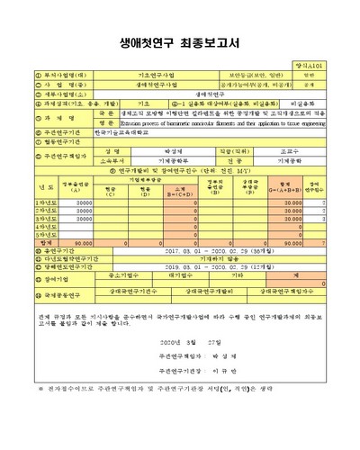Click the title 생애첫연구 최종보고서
pyautogui.click(x=180, y=40)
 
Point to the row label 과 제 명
pyautogui.click(x=42, y=116)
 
